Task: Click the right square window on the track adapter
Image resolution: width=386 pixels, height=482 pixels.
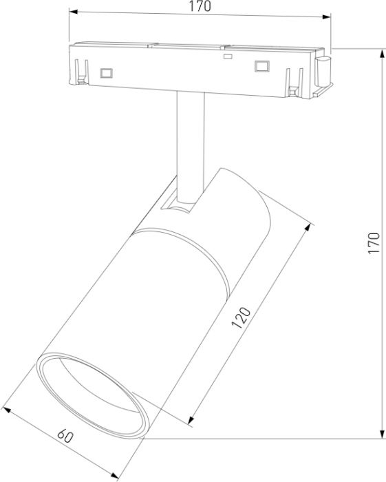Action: point(261,66)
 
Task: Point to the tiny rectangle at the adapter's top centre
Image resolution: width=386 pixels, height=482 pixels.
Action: point(226,57)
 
